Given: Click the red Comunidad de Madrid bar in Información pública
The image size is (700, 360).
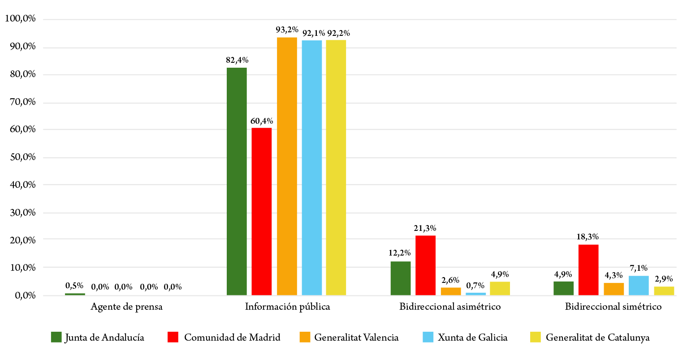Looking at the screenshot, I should pyautogui.click(x=261, y=211).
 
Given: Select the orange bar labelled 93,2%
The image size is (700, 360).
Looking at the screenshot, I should pyautogui.click(x=287, y=166).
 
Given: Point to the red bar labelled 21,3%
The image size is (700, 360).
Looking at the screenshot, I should pyautogui.click(x=425, y=265).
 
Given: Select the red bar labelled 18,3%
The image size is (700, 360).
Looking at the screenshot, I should pyautogui.click(x=588, y=269).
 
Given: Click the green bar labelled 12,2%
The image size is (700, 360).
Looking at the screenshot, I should pyautogui.click(x=401, y=278).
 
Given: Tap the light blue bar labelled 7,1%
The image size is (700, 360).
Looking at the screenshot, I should pyautogui.click(x=639, y=285).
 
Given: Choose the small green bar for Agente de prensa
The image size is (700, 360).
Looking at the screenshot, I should pyautogui.click(x=75, y=294).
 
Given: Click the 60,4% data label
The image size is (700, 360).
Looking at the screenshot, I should pyautogui.click(x=262, y=121).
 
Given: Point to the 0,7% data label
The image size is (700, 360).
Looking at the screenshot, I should pyautogui.click(x=475, y=286).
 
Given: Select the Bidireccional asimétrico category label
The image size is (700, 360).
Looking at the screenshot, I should pyautogui.click(x=450, y=307).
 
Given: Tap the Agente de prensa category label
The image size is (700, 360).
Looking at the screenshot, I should pyautogui.click(x=126, y=307).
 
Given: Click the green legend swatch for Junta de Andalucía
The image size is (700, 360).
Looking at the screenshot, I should pyautogui.click(x=56, y=337).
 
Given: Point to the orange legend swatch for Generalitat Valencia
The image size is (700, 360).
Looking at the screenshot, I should pyautogui.click(x=305, y=337).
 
